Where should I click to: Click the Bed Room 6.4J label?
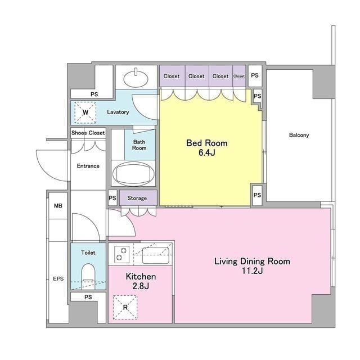coord(207,147)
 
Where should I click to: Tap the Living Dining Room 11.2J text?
coord(252,266)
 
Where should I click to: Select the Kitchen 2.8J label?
coord(141,281)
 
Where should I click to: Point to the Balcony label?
coord(299,135)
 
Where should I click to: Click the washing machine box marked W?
coord(85,112)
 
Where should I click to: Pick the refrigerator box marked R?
coord(125,307)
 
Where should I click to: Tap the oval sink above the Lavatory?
coord(136,79)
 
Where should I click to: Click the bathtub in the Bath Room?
coord(133,174)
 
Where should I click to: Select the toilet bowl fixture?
coord(88,276)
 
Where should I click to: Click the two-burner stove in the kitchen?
coord(121,254)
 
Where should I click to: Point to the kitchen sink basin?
coord(156,255)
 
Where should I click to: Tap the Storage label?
coord(137,198)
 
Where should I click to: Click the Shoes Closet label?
coord(88,133)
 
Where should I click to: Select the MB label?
coord(58,206)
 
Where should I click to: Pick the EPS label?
coord(58,279)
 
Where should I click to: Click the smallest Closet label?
coord(238,76)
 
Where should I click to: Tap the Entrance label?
coord(88,166)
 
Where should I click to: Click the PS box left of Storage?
coord(112,197)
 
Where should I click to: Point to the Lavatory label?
coord(118,112)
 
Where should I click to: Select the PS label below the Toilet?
coord(88,297)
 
